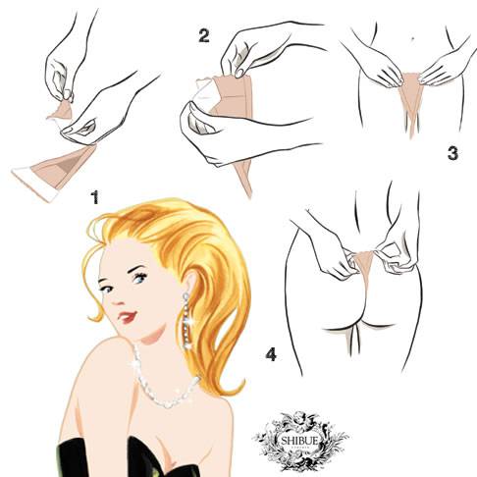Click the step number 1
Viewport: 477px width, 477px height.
point(95,197)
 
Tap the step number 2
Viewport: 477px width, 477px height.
point(203,35)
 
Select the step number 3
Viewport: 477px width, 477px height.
point(452,153)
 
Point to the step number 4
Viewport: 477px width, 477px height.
point(271,354)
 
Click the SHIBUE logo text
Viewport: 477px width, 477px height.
point(299,441)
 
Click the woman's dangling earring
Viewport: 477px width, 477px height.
point(187,320)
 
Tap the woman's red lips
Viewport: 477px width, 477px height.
point(127,316)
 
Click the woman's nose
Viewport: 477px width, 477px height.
point(117,298)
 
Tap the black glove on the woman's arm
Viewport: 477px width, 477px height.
point(72,458)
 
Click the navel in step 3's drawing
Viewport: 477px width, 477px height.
point(412,38)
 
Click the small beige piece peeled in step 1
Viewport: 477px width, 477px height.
point(61,110)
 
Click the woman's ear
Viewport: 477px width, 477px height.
point(189,286)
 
